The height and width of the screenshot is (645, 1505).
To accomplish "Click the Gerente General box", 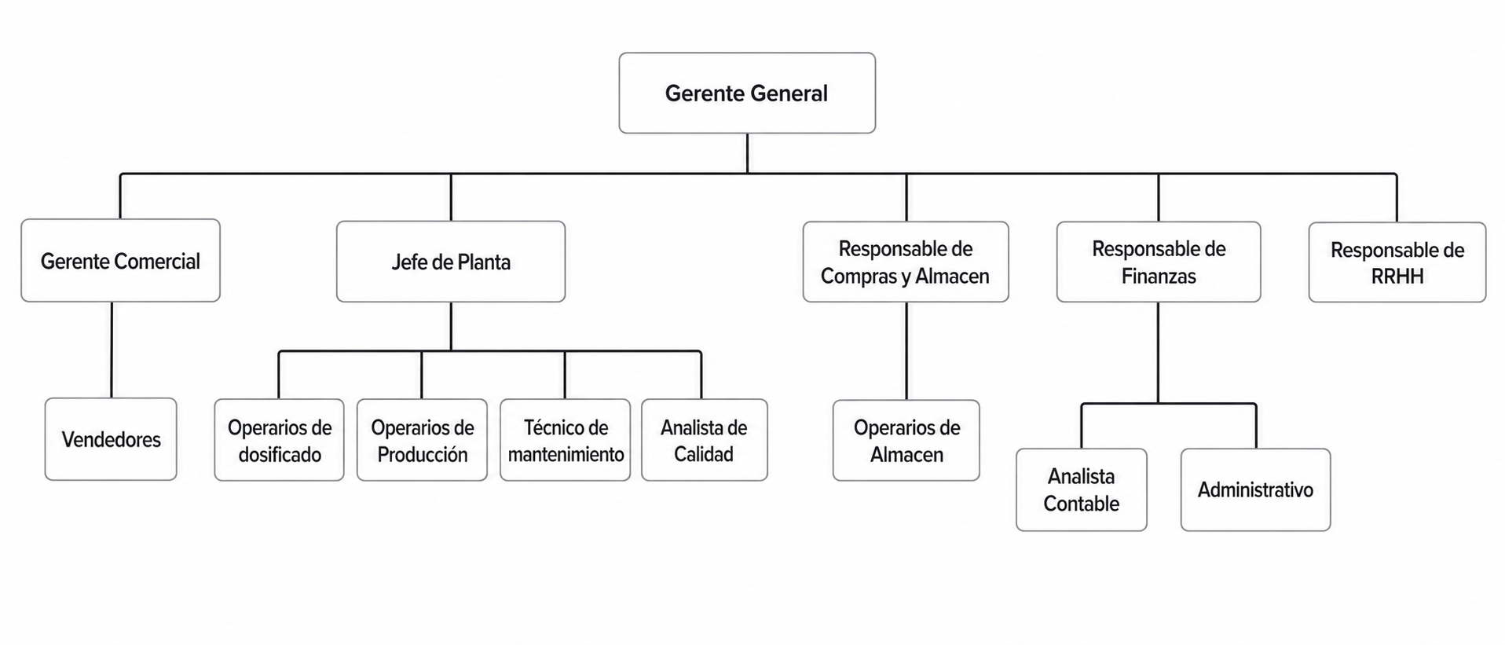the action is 747,93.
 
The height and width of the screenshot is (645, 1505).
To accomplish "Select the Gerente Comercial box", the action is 120,260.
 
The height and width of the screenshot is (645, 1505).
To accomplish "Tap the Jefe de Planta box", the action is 451,262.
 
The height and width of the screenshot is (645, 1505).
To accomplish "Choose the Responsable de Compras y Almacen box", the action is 906,262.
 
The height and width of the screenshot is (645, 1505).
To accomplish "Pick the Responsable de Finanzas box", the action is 1159,262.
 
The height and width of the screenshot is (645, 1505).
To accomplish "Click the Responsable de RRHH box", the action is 1397,262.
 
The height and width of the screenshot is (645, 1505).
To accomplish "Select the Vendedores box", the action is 111,439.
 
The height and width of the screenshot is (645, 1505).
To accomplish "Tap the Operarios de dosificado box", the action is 280,440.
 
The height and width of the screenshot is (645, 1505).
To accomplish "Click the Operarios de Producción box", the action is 423,440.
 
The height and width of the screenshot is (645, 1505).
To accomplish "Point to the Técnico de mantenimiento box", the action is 566,440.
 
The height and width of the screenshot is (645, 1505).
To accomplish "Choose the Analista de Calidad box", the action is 705,440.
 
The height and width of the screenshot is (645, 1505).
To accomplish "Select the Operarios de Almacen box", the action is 906,440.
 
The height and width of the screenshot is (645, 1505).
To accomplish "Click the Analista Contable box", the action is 1082,489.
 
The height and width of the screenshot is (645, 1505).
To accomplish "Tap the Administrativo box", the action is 1256,489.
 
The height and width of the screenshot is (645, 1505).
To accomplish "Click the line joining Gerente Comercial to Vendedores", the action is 112,350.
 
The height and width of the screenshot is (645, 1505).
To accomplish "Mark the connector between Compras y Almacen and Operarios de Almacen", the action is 906,351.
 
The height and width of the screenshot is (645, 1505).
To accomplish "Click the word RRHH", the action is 1397,277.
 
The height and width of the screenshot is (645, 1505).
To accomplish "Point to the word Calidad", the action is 704,454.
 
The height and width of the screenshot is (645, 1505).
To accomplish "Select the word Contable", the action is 1082,504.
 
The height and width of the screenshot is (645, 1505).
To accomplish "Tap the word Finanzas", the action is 1159,277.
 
